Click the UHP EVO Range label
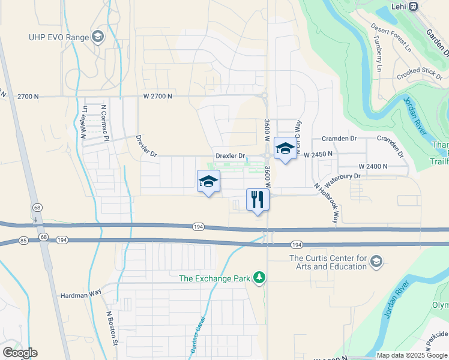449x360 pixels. pos(58,37)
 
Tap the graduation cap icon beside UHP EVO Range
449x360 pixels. pos(97,37)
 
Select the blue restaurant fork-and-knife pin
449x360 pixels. pos(258,200)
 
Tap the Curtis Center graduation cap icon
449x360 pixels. pos(376,261)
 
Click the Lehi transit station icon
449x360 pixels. pos(413,7)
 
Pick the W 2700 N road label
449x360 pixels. pos(157,96)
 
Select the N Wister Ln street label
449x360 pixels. pos(84,122)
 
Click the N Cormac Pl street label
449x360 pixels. pos(104,123)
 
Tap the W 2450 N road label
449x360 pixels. pos(318,154)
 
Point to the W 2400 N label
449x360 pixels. pos(373,166)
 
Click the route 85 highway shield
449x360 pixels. pos(23,241)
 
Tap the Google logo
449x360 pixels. pos(20,353)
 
